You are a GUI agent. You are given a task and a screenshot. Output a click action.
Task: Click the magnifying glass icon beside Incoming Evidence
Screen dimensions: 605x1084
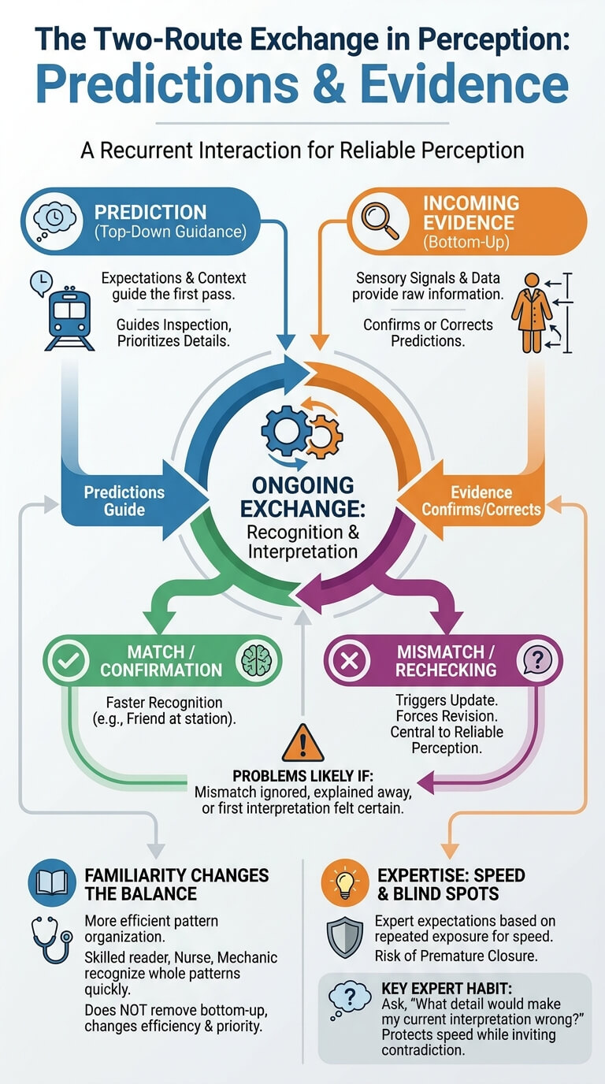380,221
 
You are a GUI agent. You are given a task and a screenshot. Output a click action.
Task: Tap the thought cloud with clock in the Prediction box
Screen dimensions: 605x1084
54,221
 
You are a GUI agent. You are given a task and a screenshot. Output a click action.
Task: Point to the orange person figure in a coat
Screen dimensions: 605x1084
532,313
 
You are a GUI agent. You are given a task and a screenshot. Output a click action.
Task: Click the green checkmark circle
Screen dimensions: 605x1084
69,660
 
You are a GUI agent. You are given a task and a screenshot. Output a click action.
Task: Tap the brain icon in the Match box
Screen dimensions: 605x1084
256,660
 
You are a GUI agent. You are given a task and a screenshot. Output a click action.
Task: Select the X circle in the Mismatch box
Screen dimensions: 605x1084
349,660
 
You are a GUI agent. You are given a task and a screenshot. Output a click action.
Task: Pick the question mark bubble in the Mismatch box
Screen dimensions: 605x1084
538,660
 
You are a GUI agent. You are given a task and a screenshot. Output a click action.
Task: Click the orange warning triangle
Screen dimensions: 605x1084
302,743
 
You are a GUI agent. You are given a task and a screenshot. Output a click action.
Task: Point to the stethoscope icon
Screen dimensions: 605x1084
51,941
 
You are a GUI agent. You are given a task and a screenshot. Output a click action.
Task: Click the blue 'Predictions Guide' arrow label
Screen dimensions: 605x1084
124,501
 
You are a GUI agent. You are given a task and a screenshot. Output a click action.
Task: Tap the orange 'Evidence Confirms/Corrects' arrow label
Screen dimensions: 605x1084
481,501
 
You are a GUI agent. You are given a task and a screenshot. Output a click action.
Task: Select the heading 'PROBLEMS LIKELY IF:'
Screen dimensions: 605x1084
302,776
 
